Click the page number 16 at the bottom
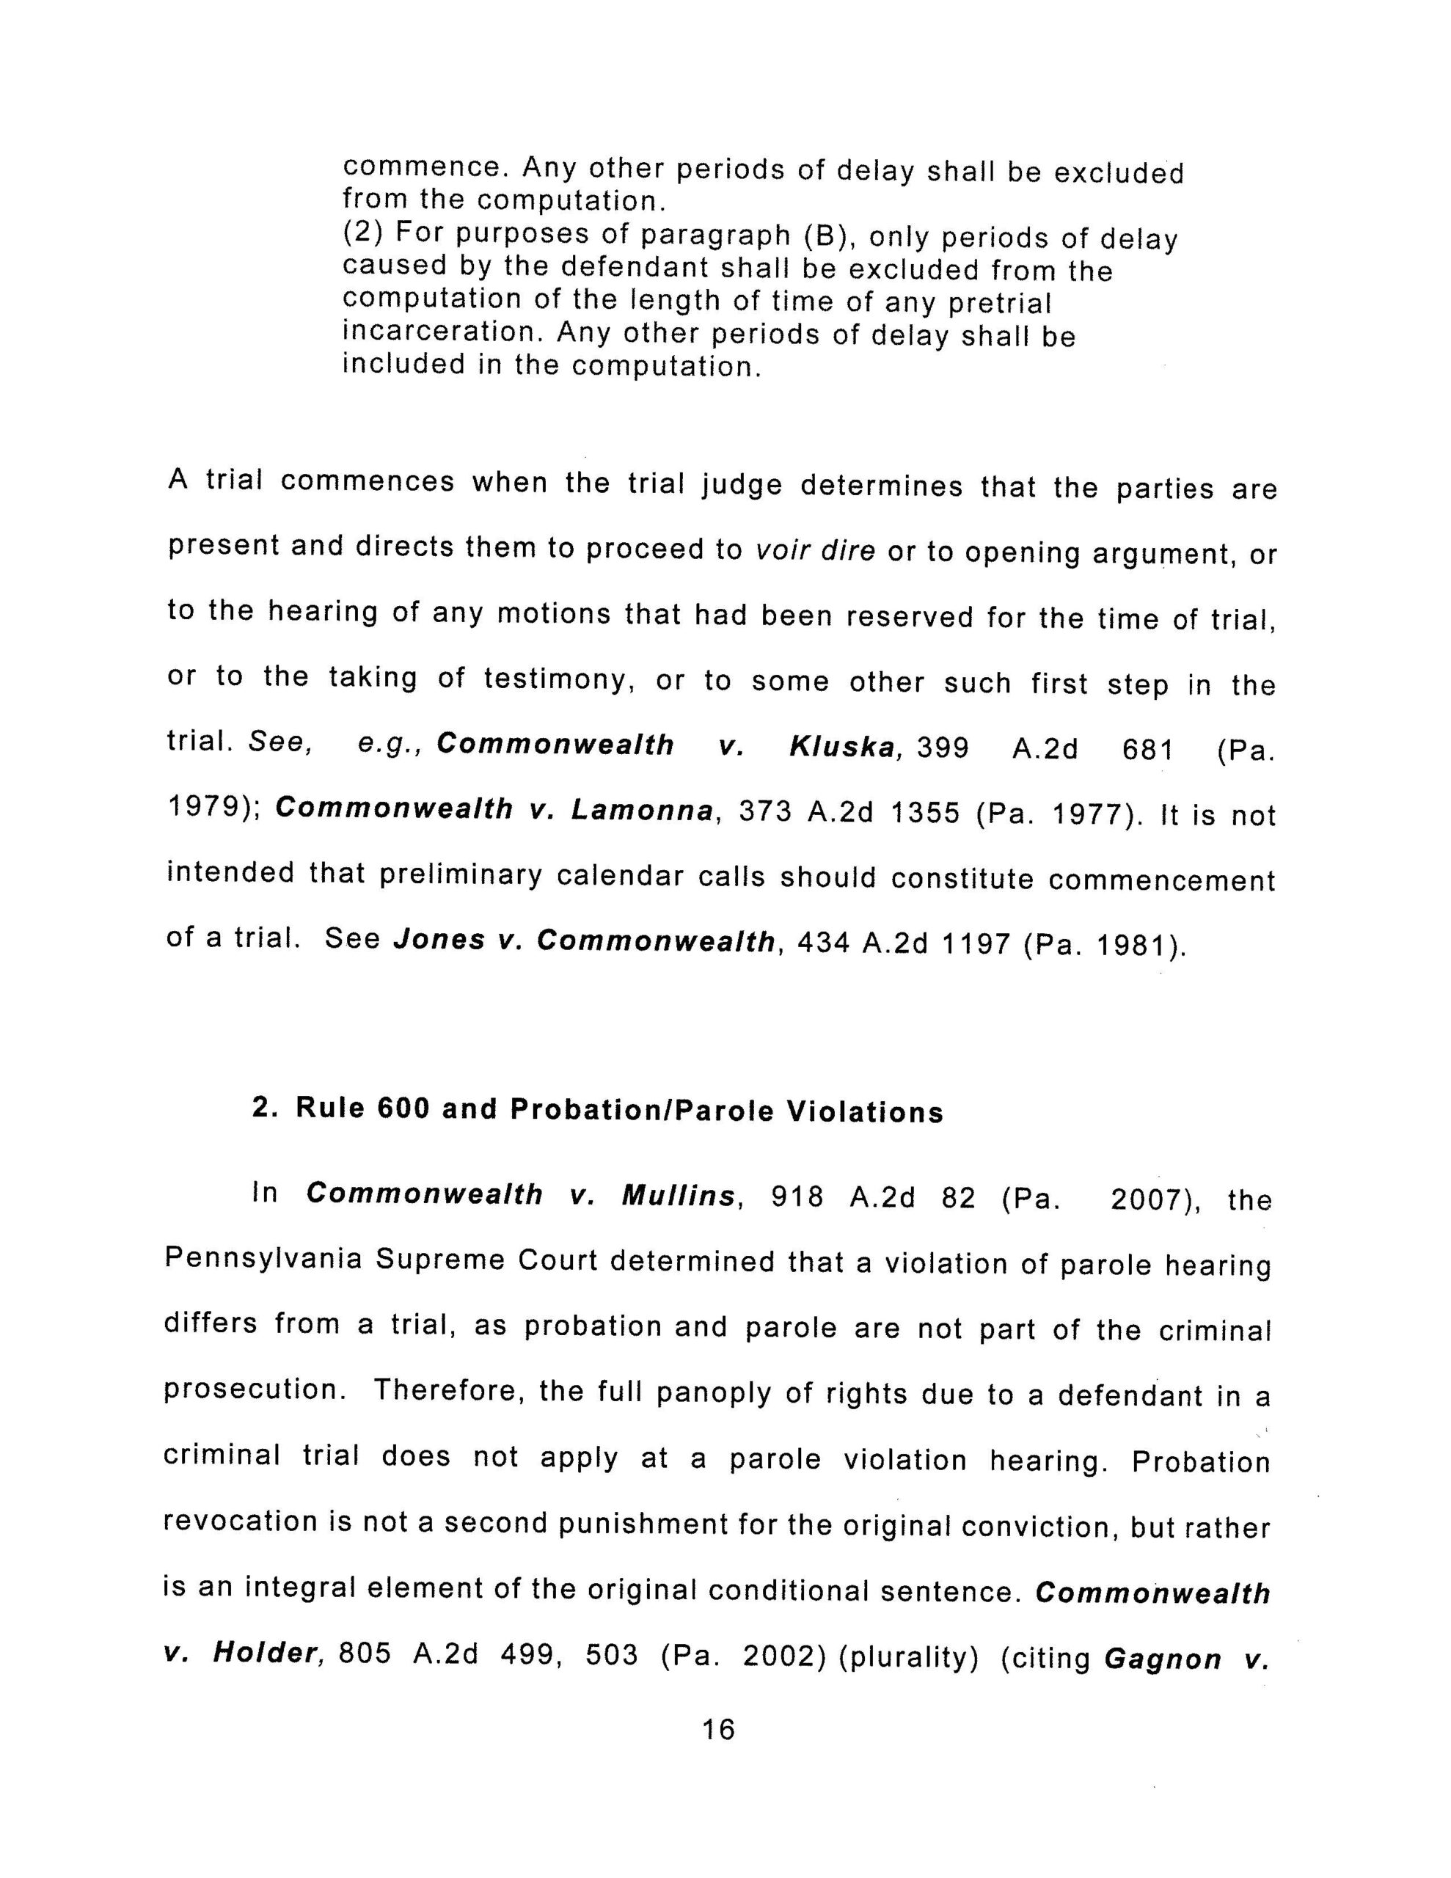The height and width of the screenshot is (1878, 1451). [718, 1728]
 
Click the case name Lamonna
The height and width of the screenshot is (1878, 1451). [643, 811]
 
